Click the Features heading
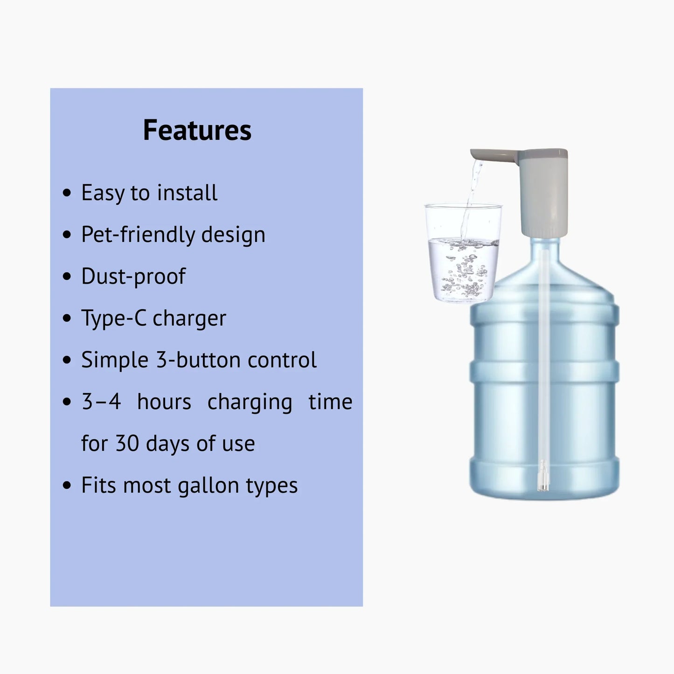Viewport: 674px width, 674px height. point(197,130)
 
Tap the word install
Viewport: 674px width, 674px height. point(187,193)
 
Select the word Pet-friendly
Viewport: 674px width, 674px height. point(137,234)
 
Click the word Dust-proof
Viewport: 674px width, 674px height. point(133,276)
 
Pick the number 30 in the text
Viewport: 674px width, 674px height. point(127,444)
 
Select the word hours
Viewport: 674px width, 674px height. point(164,402)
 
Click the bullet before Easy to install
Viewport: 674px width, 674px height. point(67,193)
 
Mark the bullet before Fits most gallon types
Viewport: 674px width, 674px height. point(67,486)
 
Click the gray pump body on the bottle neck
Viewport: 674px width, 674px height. point(544,196)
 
